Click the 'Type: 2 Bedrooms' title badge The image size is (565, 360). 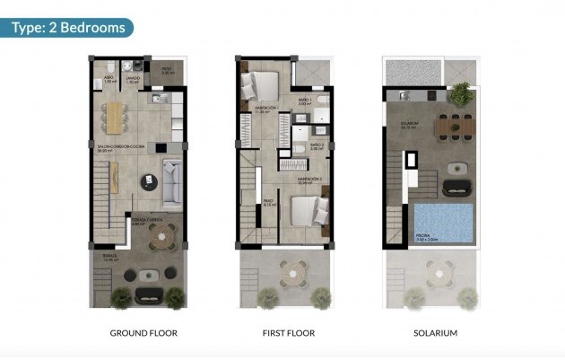click(x=67, y=28)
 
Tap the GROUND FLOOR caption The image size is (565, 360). click(x=143, y=333)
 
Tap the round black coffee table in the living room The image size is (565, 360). click(x=146, y=182)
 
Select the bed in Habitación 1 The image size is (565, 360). click(x=261, y=87)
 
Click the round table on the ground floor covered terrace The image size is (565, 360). click(x=161, y=238)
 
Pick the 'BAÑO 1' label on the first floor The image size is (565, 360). click(x=304, y=100)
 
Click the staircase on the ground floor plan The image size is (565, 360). click(x=102, y=198)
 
